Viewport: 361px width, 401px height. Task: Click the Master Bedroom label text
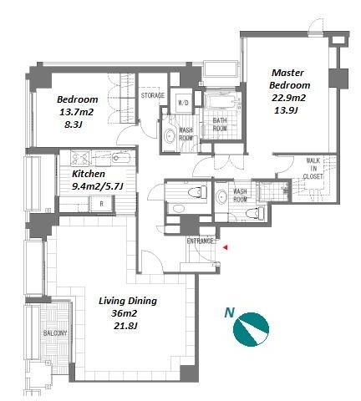tap(289, 79)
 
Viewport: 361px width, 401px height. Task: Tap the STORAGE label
tap(153, 95)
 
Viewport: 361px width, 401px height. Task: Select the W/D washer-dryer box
tap(183, 103)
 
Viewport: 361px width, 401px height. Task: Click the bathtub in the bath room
tap(222, 102)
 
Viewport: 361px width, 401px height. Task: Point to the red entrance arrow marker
tap(226, 247)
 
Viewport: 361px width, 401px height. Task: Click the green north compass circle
tap(251, 329)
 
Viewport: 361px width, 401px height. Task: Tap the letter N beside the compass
tap(230, 312)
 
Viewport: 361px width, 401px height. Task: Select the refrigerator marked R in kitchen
tap(101, 204)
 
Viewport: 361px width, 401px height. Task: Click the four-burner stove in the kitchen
tap(80, 158)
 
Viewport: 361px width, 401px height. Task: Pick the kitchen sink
tap(121, 158)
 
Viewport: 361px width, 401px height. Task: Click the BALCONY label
tap(55, 333)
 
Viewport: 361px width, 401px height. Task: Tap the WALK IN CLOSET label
tap(313, 169)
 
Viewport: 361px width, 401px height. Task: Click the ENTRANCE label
tap(200, 241)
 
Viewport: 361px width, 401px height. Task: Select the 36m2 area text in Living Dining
tap(124, 313)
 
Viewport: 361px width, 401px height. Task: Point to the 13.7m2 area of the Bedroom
tap(76, 112)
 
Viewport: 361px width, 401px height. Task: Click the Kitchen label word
tap(89, 174)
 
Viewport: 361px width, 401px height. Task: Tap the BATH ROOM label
tap(220, 124)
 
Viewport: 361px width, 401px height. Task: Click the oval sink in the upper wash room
tap(170, 136)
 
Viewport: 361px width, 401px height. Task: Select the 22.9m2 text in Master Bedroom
tap(288, 98)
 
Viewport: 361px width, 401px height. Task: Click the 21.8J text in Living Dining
tap(126, 326)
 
